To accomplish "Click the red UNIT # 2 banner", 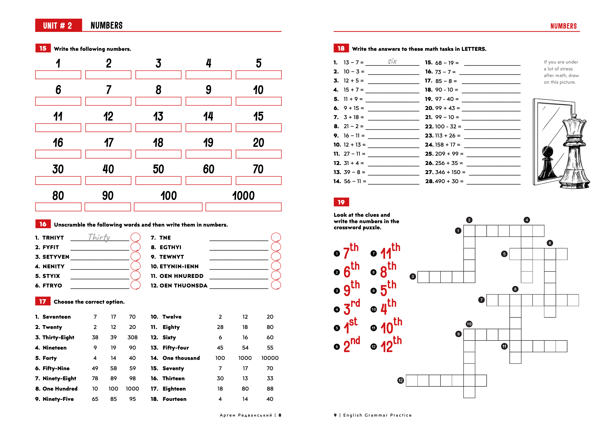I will pyautogui.click(x=58, y=26).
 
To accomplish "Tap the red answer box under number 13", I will pyautogui.click(x=158, y=127).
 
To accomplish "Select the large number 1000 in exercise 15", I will pyautogui.click(x=243, y=196).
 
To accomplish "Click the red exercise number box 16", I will pyautogui.click(x=43, y=224).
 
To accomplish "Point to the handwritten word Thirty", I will pyautogui.click(x=99, y=237).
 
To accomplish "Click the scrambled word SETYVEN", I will pyautogui.click(x=56, y=257).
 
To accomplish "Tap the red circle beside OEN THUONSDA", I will pyautogui.click(x=276, y=285).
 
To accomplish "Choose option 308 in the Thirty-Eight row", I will pyautogui.click(x=132, y=337).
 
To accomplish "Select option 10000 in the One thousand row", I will pyautogui.click(x=270, y=358).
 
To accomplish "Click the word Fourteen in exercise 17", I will pyautogui.click(x=174, y=399).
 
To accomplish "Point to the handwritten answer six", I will pyautogui.click(x=392, y=61).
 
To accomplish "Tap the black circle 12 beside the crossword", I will pyautogui.click(x=401, y=380).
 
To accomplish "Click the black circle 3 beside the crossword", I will pyautogui.click(x=413, y=276).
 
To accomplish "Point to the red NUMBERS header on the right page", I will pyautogui.click(x=563, y=26).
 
